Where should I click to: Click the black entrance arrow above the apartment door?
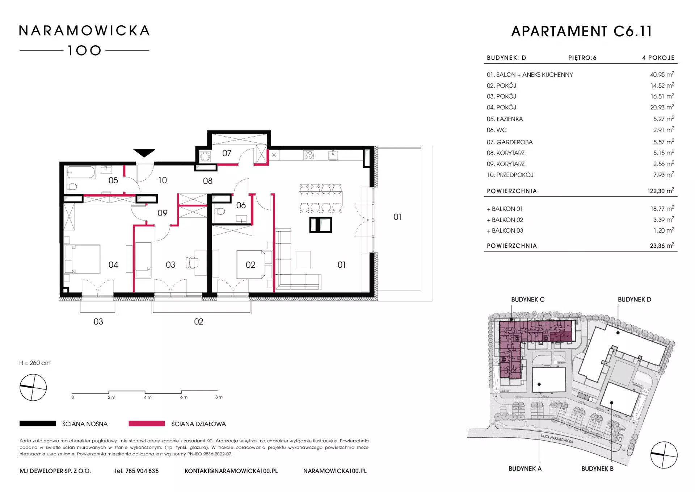point(144,153)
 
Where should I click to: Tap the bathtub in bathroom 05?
point(81,172)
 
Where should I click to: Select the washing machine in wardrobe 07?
point(205,157)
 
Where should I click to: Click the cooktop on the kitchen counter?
point(309,155)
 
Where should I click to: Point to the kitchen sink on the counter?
point(333,155)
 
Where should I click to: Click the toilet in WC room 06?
point(219,211)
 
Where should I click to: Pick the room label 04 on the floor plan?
point(113,265)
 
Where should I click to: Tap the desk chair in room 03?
point(192,262)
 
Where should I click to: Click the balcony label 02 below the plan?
point(199,322)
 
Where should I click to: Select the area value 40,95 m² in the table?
point(662,74)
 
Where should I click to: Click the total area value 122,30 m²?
point(661,191)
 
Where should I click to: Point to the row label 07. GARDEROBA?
point(510,142)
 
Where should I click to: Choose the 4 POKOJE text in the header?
point(658,58)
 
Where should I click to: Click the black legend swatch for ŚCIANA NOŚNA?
point(38,423)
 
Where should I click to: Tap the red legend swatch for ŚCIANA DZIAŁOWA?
point(147,423)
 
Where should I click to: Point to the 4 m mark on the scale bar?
point(148,397)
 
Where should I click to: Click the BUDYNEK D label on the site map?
point(634,300)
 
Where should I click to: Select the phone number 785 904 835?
point(142,471)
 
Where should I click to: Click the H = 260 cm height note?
point(35,363)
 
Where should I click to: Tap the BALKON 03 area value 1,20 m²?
point(664,230)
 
